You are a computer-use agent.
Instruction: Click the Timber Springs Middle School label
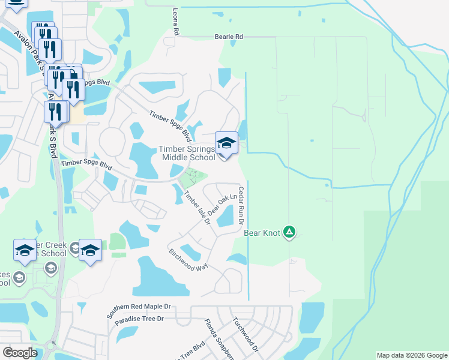point(186,153)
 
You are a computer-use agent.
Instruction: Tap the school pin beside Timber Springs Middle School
point(226,143)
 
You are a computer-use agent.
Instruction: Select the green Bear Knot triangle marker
point(289,232)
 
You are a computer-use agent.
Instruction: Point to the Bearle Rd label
point(229,37)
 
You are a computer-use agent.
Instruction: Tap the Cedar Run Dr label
point(241,205)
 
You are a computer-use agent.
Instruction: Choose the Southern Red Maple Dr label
point(139,310)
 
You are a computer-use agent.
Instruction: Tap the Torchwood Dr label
point(246,334)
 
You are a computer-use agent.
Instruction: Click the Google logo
point(20,352)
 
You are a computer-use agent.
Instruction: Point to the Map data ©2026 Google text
point(412,355)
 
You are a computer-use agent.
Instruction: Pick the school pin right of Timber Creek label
point(89,250)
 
